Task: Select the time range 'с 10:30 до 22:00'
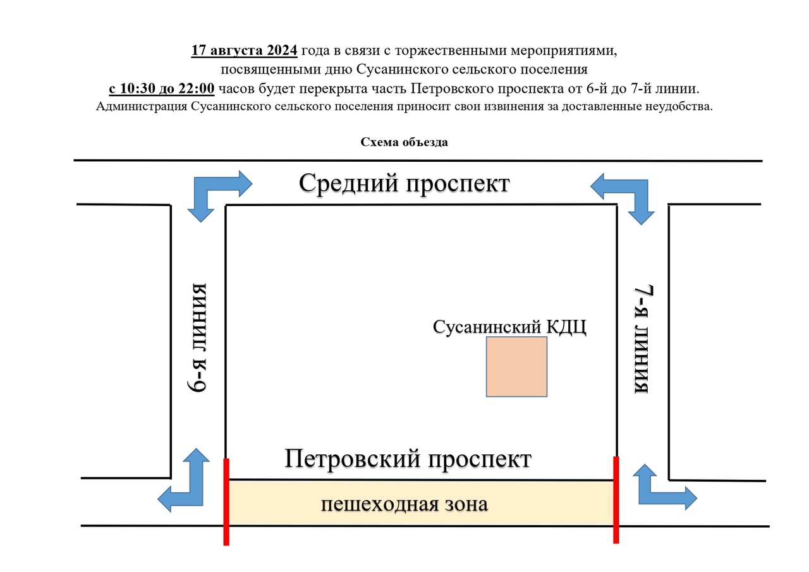click(x=162, y=88)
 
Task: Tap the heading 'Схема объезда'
click(x=404, y=142)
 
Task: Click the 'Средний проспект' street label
click(x=404, y=184)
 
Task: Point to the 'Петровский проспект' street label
click(x=408, y=459)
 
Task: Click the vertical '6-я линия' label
click(x=199, y=338)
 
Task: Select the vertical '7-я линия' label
click(x=643, y=339)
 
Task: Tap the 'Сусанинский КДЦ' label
click(x=509, y=327)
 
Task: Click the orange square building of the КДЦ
click(x=516, y=367)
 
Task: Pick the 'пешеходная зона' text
click(x=404, y=504)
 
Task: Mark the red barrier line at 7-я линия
click(x=616, y=499)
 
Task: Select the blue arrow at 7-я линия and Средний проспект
click(x=626, y=193)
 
